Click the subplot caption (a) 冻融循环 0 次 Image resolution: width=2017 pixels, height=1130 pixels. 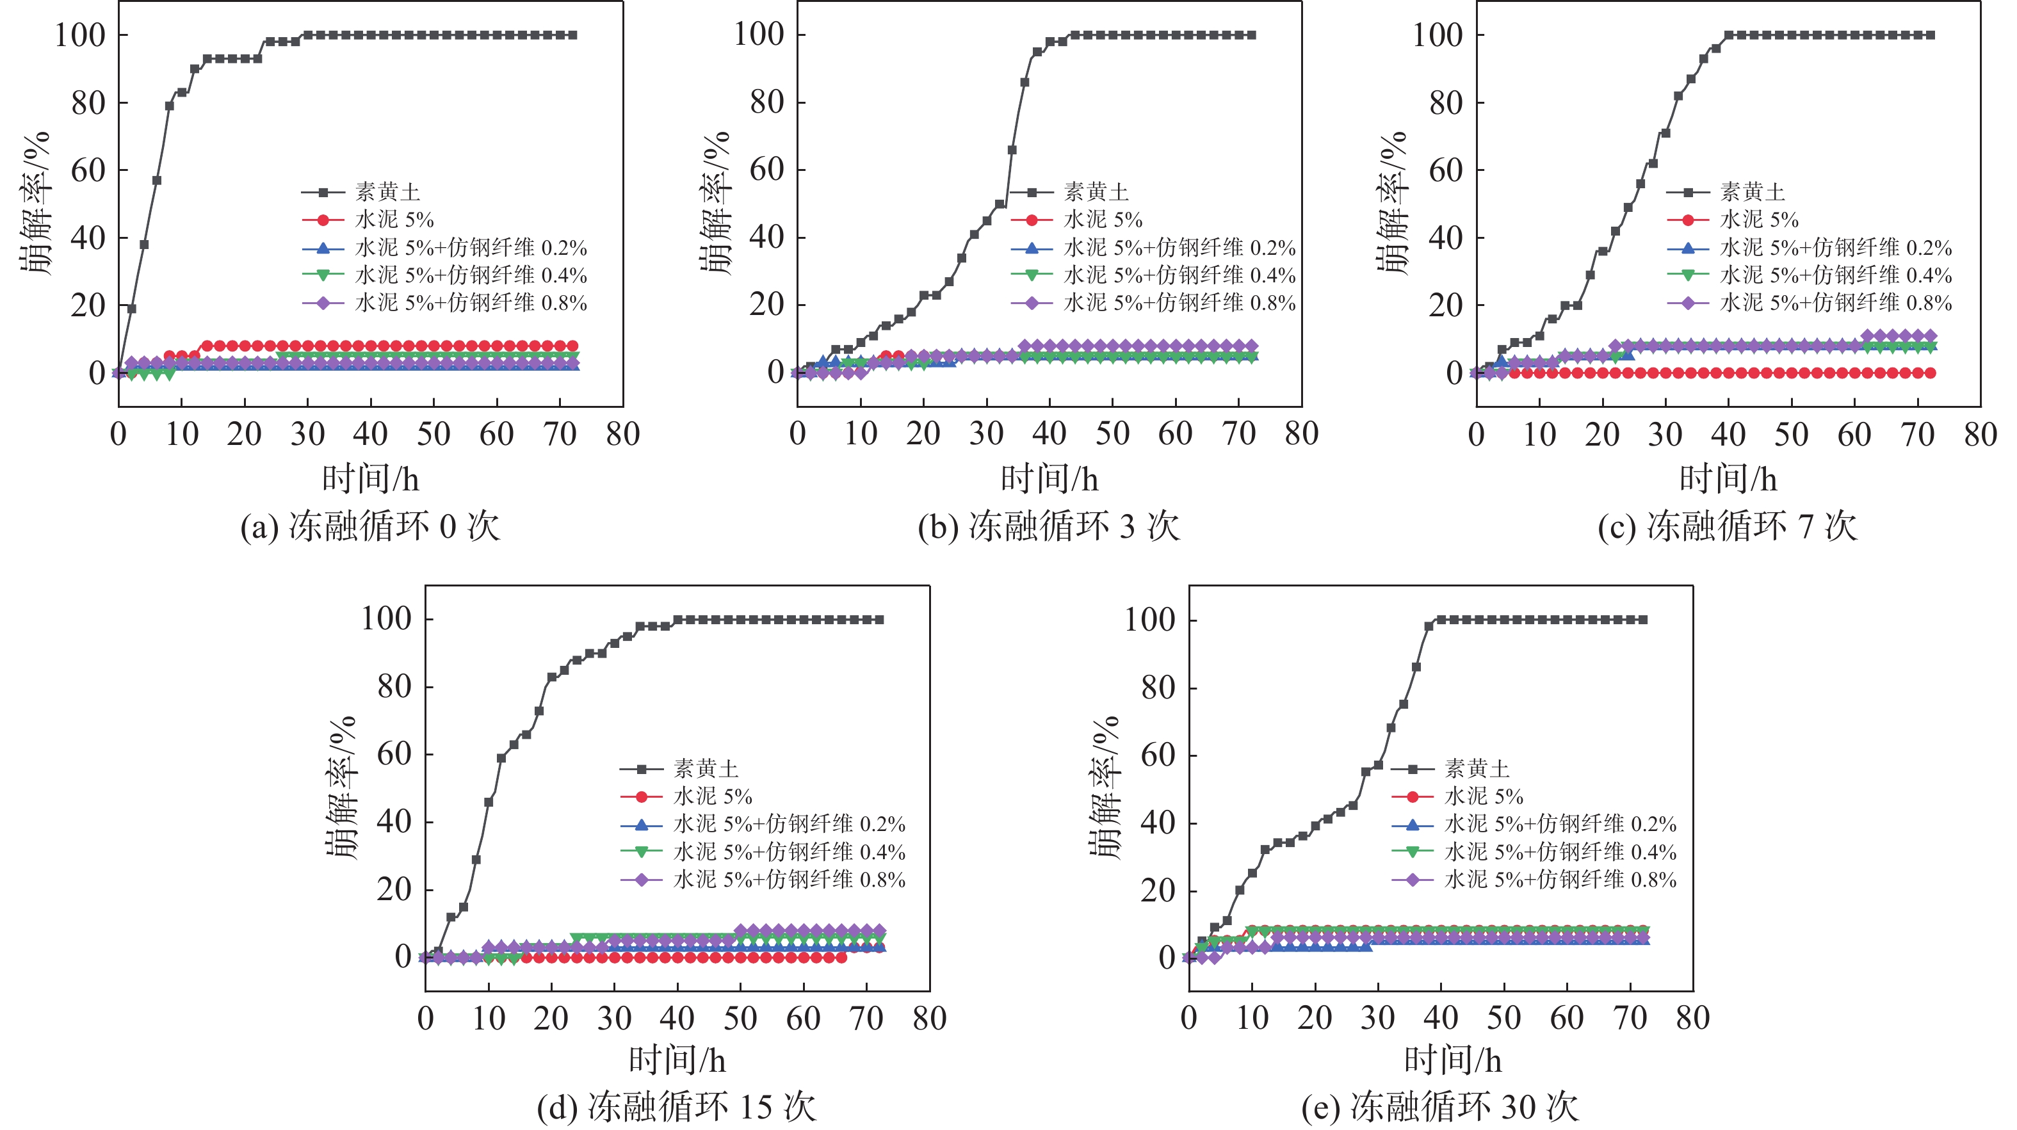tap(369, 526)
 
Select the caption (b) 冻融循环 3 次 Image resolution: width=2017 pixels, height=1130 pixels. tap(1048, 526)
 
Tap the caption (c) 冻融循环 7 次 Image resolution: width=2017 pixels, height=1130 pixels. tap(1728, 526)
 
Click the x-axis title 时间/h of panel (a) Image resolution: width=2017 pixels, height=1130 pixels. tap(370, 478)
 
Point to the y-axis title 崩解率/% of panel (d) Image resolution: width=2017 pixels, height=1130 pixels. tap(341, 787)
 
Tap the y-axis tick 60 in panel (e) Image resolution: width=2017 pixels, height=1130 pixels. tap(1158, 755)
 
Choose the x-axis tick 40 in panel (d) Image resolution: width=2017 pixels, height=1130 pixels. tap(677, 1018)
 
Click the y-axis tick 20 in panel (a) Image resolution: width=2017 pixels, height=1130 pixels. tap(88, 305)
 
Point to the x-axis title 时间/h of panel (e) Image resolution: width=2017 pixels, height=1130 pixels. tap(1452, 1060)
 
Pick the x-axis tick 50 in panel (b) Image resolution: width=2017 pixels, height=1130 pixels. tap(1112, 434)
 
